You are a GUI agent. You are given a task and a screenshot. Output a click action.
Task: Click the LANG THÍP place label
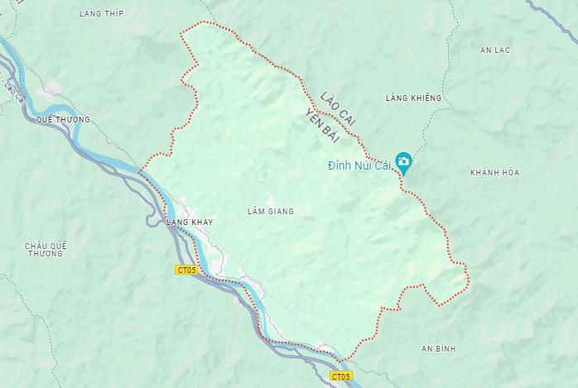click(101, 13)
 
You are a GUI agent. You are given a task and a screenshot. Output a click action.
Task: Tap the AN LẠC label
click(495, 50)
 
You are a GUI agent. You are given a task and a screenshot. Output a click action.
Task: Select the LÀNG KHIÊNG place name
click(414, 98)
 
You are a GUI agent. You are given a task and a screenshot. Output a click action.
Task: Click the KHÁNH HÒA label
click(494, 172)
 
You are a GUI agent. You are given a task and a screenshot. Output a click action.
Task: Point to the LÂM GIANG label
click(271, 212)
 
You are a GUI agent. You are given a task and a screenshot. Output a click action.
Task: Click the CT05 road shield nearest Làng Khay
click(186, 270)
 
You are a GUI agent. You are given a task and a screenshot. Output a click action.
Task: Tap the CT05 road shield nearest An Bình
click(340, 376)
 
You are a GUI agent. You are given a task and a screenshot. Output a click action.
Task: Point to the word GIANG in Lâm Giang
click(282, 212)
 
